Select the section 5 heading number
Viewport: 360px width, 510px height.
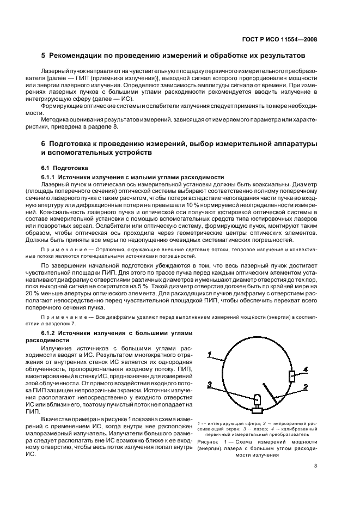coord(44,56)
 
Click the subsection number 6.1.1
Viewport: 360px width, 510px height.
coord(50,177)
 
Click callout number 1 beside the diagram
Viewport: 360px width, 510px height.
coord(209,355)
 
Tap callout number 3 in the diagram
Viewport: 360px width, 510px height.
coord(209,385)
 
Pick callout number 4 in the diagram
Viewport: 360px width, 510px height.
coord(306,369)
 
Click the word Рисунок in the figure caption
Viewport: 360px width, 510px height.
coord(209,442)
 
